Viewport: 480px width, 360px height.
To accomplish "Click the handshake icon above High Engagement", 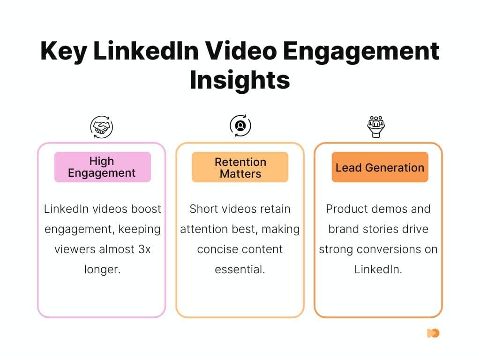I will click(x=102, y=127).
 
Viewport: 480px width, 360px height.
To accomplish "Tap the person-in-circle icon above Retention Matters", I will click(x=240, y=126).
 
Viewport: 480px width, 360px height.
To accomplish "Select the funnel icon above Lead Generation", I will click(x=375, y=126).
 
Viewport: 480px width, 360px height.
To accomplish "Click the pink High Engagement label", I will click(x=102, y=167).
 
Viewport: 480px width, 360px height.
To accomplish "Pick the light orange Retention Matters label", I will click(x=240, y=167).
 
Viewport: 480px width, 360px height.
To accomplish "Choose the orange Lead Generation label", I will click(x=380, y=167).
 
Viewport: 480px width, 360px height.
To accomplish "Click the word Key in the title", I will click(x=63, y=52).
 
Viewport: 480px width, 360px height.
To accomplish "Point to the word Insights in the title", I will click(x=240, y=79).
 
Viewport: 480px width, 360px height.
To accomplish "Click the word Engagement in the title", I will click(x=370, y=52).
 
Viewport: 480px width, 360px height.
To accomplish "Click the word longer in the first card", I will click(x=102, y=270).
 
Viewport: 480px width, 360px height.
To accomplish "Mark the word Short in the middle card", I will click(x=205, y=209).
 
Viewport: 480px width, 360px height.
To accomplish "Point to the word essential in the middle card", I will click(x=240, y=270).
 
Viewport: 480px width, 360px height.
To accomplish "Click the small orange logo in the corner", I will click(x=433, y=333).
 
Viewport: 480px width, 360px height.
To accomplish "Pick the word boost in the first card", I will click(x=145, y=209).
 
